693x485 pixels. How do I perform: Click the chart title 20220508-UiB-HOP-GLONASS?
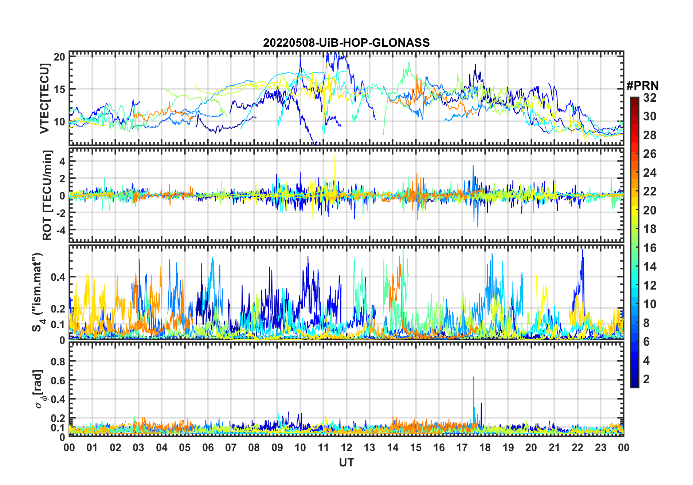[x=346, y=43]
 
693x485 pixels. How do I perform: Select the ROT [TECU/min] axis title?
[x=47, y=195]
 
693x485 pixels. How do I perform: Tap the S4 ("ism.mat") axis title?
[x=38, y=292]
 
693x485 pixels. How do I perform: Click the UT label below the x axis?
[x=346, y=462]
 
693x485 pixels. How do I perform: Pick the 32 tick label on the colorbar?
[x=650, y=98]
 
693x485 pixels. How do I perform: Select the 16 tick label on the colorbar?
[x=650, y=248]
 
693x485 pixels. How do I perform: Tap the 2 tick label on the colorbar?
[x=646, y=379]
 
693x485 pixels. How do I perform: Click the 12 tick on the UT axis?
[x=346, y=447]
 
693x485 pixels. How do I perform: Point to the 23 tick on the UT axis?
[x=600, y=447]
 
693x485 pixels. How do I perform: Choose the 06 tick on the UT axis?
[x=208, y=447]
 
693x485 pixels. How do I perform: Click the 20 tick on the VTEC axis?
[x=59, y=57]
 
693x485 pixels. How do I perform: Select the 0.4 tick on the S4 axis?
[x=58, y=277]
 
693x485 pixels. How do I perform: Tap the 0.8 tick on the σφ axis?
[x=58, y=361]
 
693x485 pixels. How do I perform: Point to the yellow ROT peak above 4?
[x=334, y=156]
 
